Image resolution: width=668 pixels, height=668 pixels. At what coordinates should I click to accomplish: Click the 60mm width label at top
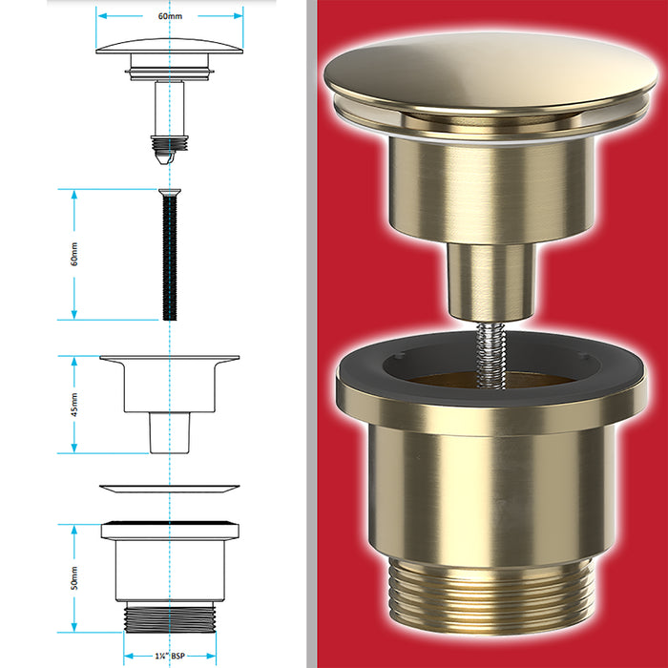click(x=169, y=16)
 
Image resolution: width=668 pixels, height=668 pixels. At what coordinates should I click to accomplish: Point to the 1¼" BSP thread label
click(x=170, y=658)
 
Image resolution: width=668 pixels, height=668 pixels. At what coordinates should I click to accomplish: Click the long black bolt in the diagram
click(x=168, y=258)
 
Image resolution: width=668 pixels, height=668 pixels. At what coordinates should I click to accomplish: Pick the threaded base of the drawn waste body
click(x=169, y=616)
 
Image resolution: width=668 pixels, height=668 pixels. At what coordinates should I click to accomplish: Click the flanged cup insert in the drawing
click(x=169, y=386)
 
